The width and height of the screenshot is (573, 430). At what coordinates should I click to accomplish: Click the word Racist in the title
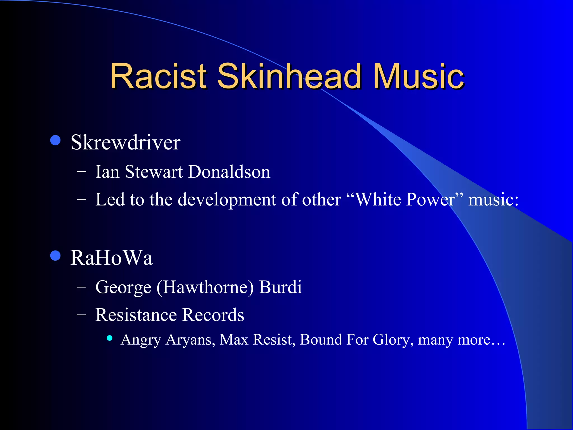click(x=158, y=76)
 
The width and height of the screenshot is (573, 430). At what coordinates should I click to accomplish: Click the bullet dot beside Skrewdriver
click(x=55, y=140)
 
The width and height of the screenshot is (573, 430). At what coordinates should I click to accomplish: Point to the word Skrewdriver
click(x=125, y=142)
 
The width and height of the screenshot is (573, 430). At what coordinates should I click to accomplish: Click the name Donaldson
click(x=229, y=172)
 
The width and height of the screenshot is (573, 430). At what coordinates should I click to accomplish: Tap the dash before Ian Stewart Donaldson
click(x=81, y=172)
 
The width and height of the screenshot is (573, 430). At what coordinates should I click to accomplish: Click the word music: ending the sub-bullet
click(x=493, y=200)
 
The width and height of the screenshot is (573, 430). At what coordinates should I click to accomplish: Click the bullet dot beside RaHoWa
click(x=55, y=256)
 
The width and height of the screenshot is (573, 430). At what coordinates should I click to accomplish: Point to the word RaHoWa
click(x=111, y=258)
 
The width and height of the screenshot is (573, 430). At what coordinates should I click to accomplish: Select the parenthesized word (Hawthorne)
click(x=205, y=287)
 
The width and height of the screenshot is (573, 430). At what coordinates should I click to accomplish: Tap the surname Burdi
click(x=280, y=287)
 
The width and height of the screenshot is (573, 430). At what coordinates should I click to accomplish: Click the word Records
click(x=213, y=315)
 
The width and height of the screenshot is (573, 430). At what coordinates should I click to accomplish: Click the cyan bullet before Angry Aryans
click(x=110, y=338)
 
